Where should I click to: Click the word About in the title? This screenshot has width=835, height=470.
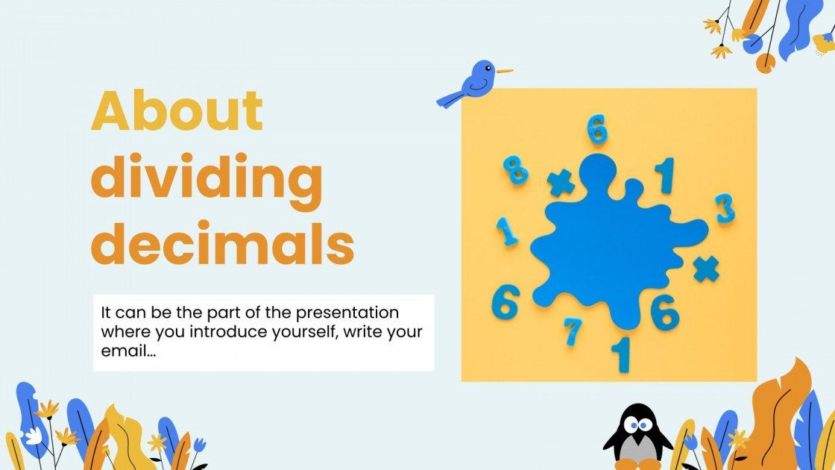(177, 112)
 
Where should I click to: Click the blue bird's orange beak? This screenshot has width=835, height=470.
(505, 72)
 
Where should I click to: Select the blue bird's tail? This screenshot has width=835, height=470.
(449, 98)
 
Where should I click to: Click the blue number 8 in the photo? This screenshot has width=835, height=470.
(515, 170)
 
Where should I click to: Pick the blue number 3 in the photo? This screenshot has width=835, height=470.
(725, 208)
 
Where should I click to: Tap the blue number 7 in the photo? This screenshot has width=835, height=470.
(573, 330)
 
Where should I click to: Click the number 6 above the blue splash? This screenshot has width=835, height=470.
(596, 130)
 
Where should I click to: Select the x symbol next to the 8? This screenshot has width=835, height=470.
(561, 184)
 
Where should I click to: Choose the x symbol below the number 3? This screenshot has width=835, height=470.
(705, 269)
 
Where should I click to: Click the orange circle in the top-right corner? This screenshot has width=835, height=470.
(765, 63)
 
